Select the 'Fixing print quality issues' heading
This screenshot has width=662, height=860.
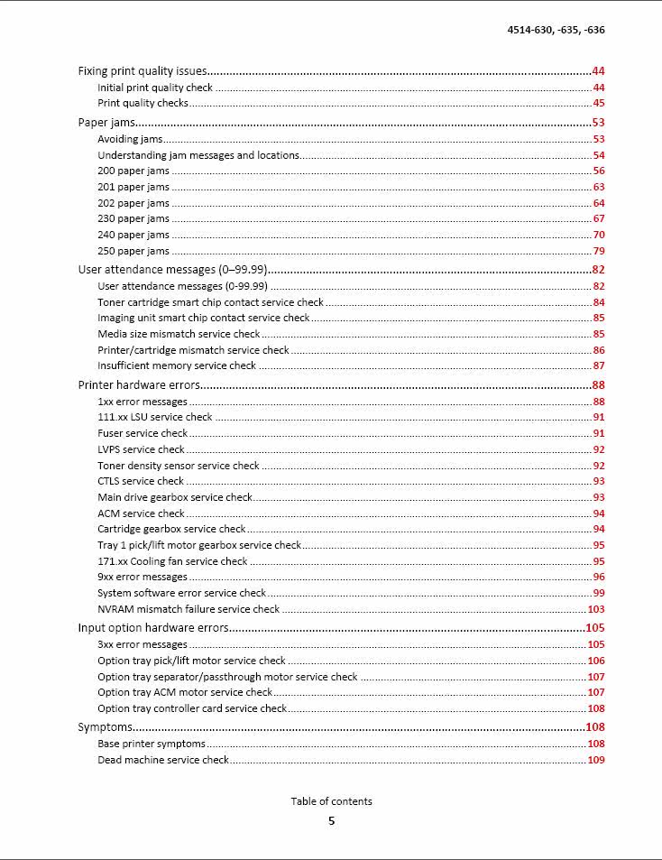click(x=143, y=71)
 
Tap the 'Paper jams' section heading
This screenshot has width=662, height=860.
click(x=106, y=123)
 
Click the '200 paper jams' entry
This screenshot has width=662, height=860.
click(x=133, y=171)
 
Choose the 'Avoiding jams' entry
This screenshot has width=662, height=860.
click(x=130, y=139)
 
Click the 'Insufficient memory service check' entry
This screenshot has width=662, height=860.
click(x=177, y=365)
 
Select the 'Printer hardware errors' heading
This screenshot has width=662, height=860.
click(x=139, y=385)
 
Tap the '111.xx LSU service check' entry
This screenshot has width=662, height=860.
click(x=155, y=417)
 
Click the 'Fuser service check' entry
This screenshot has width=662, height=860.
click(x=143, y=433)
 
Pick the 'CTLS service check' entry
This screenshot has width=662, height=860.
click(x=141, y=481)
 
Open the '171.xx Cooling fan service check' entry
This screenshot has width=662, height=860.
click(x=172, y=561)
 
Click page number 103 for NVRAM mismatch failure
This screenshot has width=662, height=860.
click(x=595, y=609)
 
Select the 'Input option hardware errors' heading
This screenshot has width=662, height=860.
click(x=153, y=628)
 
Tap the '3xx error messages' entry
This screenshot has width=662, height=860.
click(x=143, y=644)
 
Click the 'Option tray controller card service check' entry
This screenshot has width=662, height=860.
click(x=192, y=708)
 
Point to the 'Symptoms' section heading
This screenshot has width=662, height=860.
click(x=105, y=727)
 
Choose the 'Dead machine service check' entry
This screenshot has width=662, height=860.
click(x=163, y=760)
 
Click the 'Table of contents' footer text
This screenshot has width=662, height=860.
click(x=331, y=801)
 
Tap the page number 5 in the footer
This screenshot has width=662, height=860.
click(x=331, y=821)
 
